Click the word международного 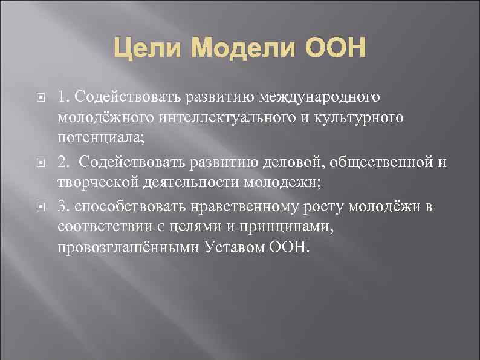click(x=320, y=97)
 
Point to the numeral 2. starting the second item click(x=64, y=163)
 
